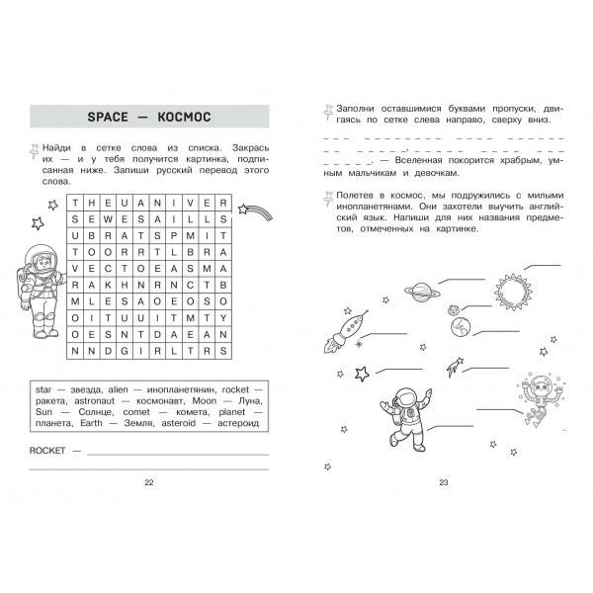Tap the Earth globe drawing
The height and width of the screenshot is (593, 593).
coord(460,326)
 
